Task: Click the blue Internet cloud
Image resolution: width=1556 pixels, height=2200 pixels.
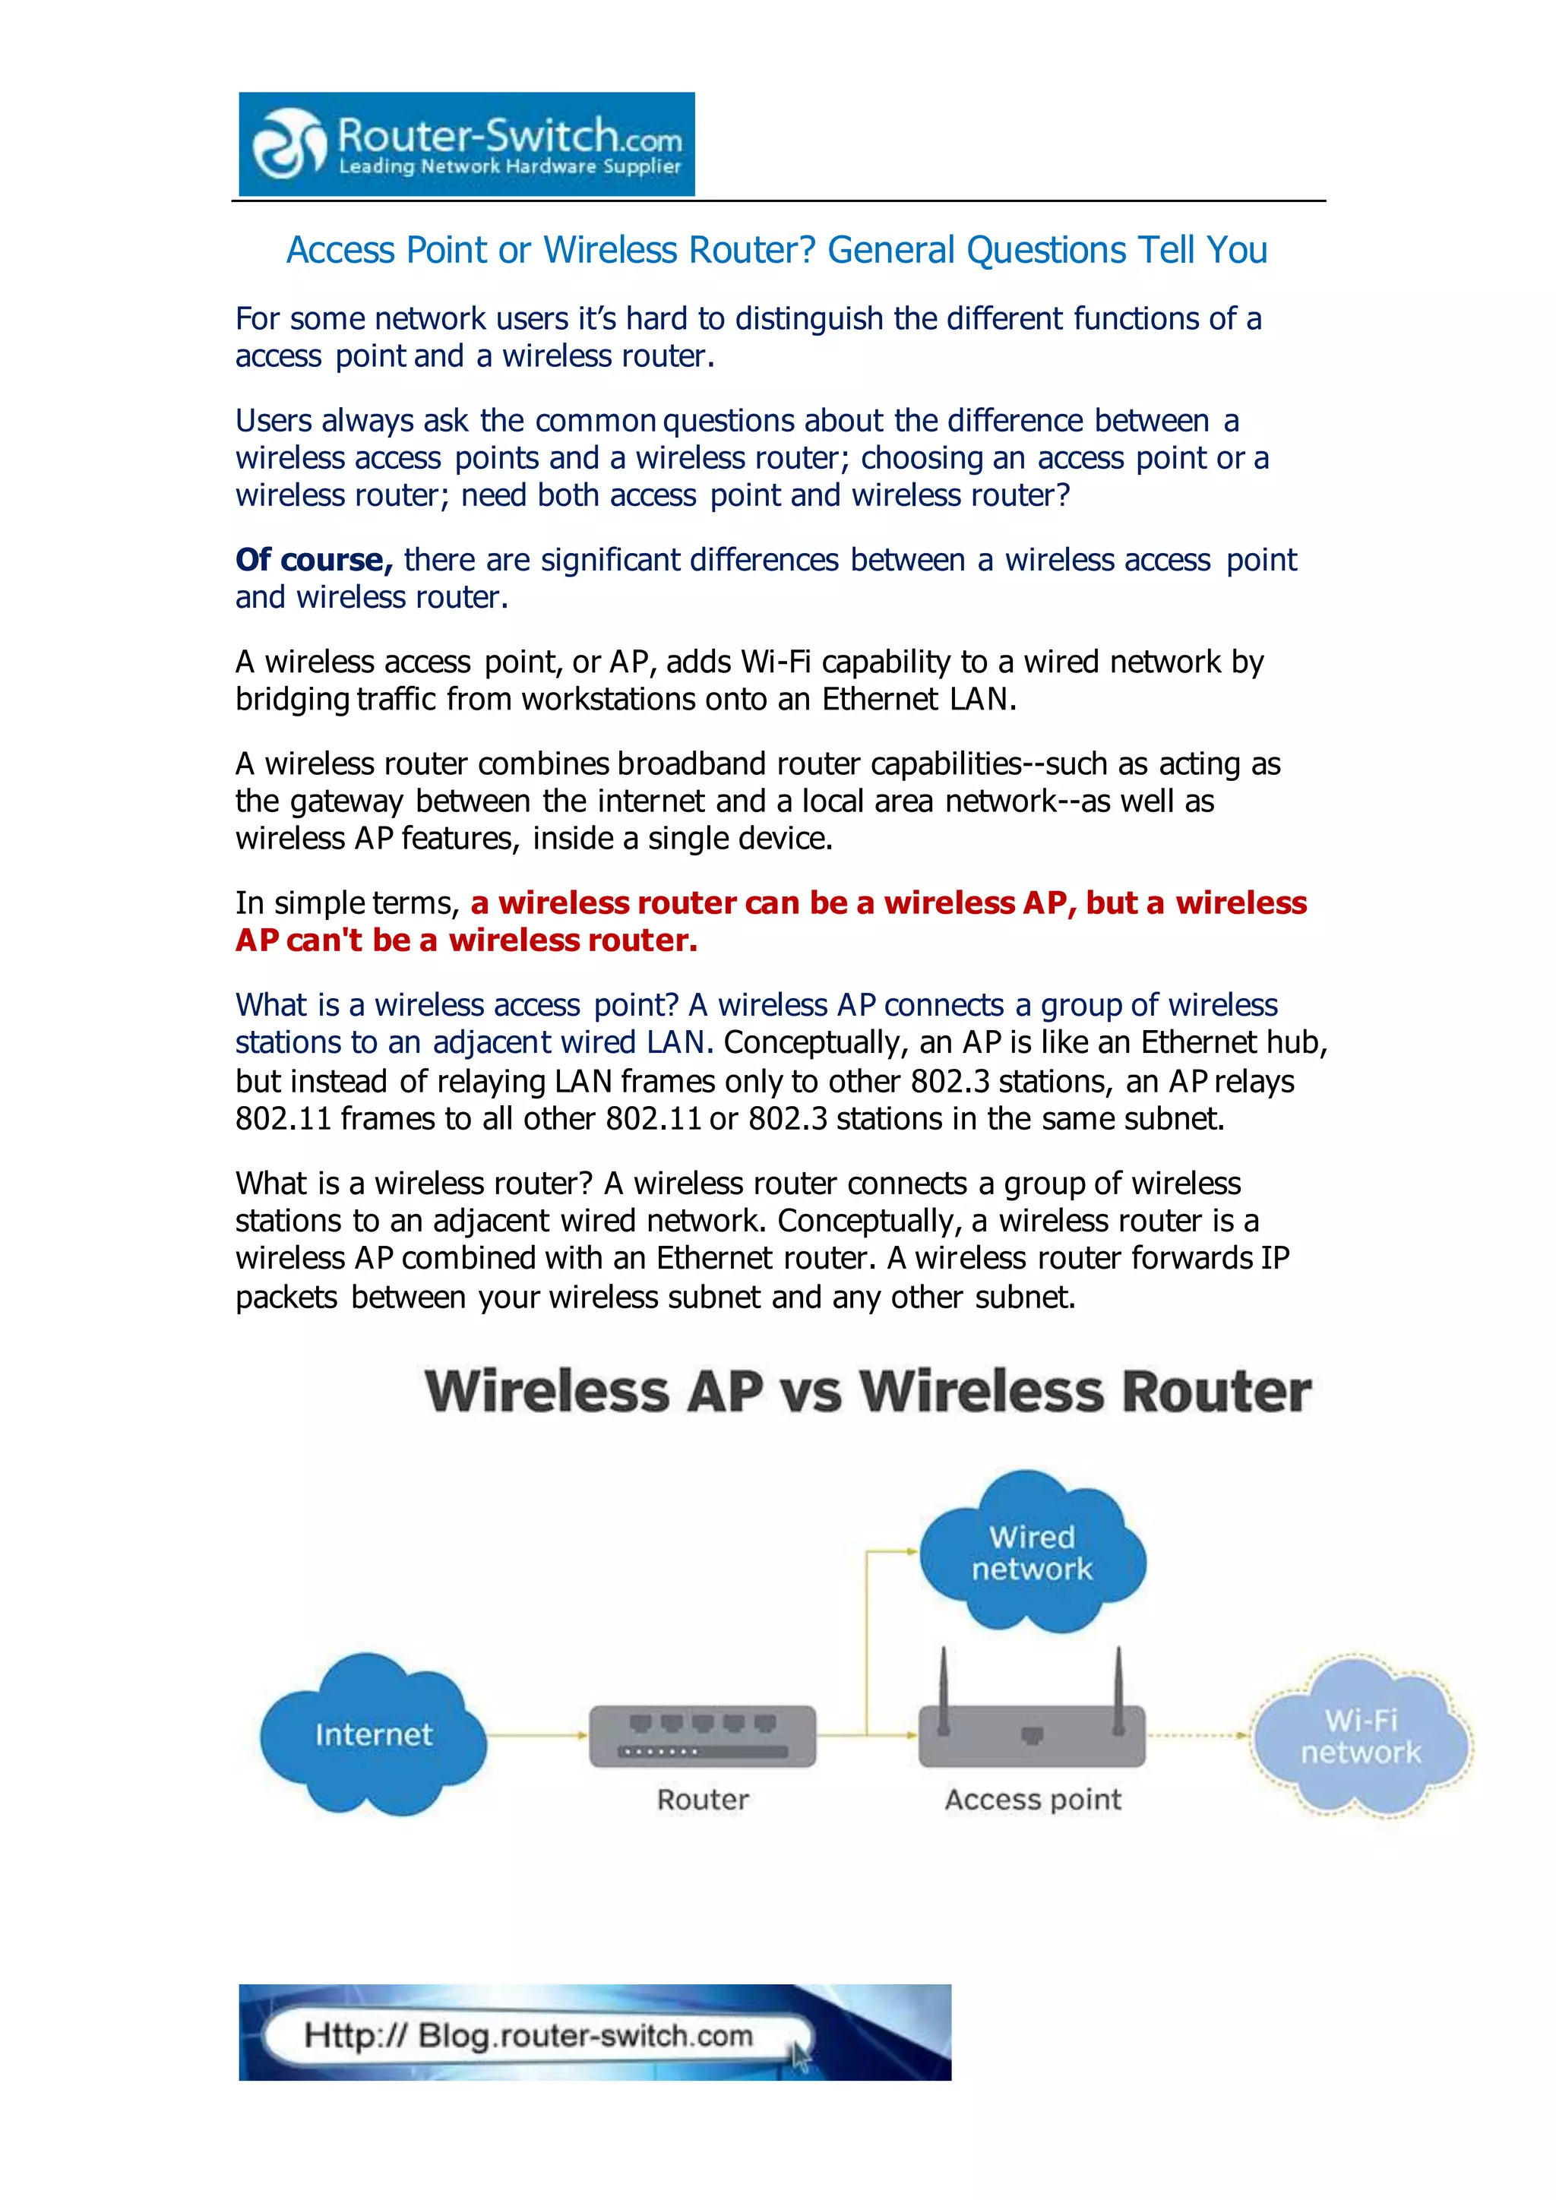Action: pyautogui.click(x=374, y=1734)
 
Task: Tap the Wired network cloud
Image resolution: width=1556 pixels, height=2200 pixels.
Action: pyautogui.click(x=1033, y=1552)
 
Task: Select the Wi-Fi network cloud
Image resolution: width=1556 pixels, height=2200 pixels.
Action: pyautogui.click(x=1361, y=1737)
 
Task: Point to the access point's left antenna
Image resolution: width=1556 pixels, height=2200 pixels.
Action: pyautogui.click(x=944, y=1690)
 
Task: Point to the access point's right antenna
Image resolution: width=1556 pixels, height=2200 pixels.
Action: pyautogui.click(x=1117, y=1690)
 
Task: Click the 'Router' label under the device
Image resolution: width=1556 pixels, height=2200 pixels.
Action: pyautogui.click(x=702, y=1800)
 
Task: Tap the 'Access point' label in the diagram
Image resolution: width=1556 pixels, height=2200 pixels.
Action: pyautogui.click(x=1033, y=1800)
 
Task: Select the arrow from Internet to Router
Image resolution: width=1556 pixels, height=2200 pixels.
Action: pyautogui.click(x=536, y=1734)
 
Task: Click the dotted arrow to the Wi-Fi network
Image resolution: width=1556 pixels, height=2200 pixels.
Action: pyautogui.click(x=1197, y=1734)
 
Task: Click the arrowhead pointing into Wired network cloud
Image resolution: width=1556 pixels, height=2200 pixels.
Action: pyautogui.click(x=911, y=1551)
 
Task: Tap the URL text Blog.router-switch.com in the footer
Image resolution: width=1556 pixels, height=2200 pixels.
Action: pyautogui.click(x=586, y=2035)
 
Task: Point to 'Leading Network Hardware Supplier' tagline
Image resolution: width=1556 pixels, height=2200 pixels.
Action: pyautogui.click(x=510, y=166)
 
